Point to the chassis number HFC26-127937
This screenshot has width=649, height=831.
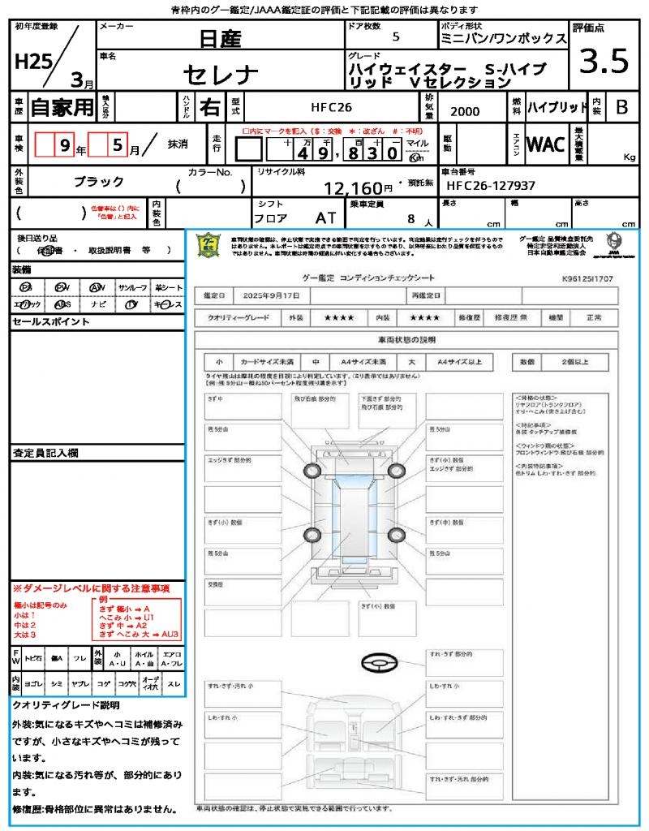point(492,186)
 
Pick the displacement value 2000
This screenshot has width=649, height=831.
point(464,112)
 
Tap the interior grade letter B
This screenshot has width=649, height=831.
point(621,106)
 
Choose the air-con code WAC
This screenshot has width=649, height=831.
point(546,144)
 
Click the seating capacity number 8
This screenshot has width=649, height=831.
point(412,218)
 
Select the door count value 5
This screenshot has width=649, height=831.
point(395,37)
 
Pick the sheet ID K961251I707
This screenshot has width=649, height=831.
point(587,278)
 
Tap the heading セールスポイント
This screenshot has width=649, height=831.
point(50,322)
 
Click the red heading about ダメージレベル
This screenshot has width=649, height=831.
point(91,588)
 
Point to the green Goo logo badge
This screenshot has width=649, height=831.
point(209,245)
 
